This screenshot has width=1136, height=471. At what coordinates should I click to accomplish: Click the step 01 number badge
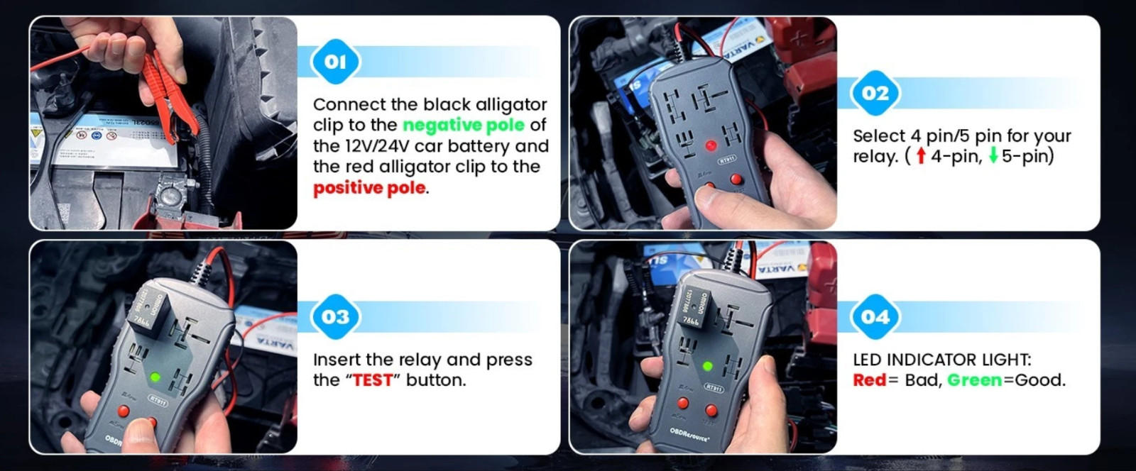335,62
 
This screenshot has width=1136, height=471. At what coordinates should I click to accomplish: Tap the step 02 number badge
875,93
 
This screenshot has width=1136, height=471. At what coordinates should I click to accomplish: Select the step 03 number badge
335,316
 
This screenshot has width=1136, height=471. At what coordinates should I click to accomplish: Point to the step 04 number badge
875,316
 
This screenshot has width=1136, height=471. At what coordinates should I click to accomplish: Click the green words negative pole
463,125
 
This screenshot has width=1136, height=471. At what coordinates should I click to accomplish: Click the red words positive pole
369,188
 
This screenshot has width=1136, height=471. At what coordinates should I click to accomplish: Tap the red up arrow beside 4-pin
921,156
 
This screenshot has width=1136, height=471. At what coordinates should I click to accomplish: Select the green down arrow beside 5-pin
993,156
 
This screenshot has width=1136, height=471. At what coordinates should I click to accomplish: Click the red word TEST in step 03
373,380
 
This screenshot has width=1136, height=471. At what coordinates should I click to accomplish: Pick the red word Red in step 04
870,380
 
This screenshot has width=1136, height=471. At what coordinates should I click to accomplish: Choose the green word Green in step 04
975,380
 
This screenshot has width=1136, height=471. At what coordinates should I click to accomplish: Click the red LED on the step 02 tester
710,146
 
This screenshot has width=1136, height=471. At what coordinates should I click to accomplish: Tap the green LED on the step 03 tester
155,377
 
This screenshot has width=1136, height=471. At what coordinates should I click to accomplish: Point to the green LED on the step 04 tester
707,367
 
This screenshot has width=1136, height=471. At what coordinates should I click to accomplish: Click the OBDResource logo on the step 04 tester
689,434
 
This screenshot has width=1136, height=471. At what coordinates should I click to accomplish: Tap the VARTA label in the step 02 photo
742,45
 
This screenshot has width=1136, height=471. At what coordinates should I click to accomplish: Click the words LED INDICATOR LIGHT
941,360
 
